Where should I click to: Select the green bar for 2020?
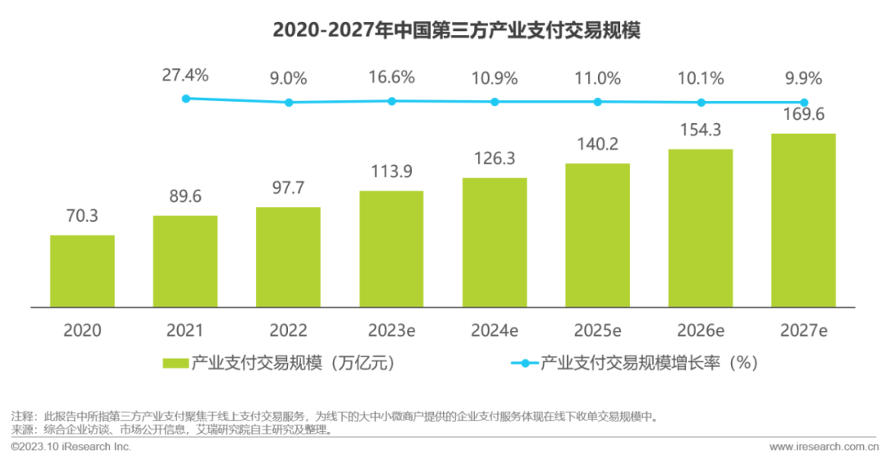point(82,271)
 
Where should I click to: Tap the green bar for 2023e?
point(391,249)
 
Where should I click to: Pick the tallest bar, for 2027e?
point(803,220)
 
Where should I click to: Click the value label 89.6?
point(185,198)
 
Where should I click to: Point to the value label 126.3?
point(494,159)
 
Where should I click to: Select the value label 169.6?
point(803,115)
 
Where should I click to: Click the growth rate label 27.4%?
point(185,76)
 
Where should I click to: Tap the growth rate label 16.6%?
point(391,78)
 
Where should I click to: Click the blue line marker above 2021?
point(185,99)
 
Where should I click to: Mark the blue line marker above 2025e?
point(597,102)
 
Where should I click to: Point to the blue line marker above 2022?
point(289,103)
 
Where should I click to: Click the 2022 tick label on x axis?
point(288,330)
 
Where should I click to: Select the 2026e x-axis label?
point(700,330)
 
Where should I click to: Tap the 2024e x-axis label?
point(494,330)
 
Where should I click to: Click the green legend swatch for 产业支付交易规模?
point(176,363)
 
